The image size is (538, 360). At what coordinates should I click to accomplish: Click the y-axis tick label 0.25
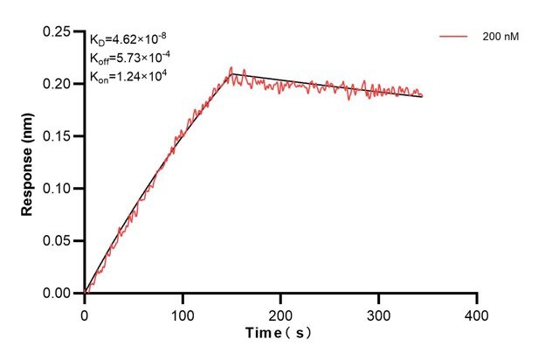coord(59,31)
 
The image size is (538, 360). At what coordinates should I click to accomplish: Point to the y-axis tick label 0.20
coord(59,84)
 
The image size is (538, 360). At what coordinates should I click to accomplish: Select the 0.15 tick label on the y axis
coord(59,136)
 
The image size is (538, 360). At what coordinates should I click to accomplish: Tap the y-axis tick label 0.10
coord(59,189)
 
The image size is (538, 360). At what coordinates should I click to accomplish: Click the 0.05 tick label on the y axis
coord(59,241)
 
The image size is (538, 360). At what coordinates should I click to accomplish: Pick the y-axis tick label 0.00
coord(59,294)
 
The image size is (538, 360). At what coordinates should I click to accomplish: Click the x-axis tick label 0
coord(85,312)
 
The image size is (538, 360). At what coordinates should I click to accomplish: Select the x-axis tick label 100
coord(183,312)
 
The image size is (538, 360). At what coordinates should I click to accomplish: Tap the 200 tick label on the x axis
coord(280,312)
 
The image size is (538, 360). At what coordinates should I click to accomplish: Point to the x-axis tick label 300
coord(378,312)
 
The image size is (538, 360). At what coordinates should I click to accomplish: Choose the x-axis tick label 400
coord(476,312)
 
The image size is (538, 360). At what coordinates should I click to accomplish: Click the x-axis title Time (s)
coord(279,334)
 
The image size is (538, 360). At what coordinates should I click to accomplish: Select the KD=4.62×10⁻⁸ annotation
coord(128,39)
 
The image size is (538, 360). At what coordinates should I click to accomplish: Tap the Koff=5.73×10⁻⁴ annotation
coord(129,58)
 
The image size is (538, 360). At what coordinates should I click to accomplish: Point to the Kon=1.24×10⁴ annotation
coord(128,76)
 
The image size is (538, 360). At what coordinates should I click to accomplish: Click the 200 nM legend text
coord(499,37)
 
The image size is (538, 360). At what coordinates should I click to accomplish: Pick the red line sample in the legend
coord(454,37)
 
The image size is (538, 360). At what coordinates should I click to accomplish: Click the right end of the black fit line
coord(422,97)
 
